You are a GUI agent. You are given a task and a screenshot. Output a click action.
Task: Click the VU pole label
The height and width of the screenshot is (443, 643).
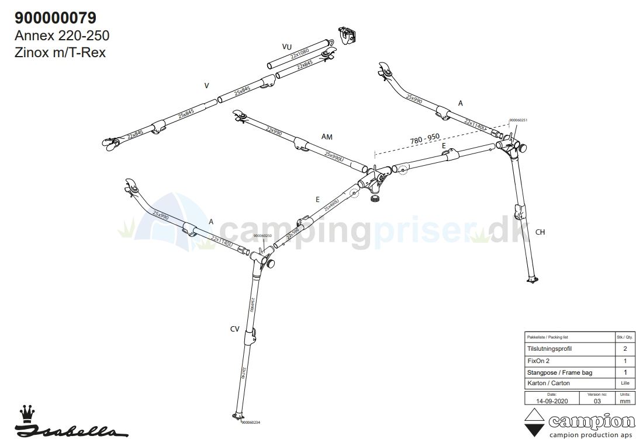(x=286, y=47)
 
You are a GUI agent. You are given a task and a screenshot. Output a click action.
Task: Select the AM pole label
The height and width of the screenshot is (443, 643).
(x=327, y=137)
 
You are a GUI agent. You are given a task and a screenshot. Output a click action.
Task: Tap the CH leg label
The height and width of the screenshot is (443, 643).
(x=540, y=232)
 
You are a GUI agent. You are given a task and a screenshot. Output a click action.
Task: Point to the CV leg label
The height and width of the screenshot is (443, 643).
(x=234, y=329)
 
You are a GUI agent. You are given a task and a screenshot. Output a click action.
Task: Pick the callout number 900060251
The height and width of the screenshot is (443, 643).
(x=518, y=120)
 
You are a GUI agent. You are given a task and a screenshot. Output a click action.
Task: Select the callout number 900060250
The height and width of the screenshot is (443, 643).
(x=262, y=236)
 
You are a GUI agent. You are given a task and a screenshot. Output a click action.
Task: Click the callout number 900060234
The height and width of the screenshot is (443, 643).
(x=250, y=423)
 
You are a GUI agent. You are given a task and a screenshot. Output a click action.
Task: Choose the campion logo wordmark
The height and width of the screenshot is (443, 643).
(x=590, y=421)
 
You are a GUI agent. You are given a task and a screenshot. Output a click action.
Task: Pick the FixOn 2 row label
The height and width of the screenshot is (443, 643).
(x=538, y=360)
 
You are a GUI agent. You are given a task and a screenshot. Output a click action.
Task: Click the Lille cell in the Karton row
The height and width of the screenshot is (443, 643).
(x=625, y=383)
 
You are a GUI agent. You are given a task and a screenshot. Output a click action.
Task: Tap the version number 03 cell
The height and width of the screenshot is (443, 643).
(x=597, y=401)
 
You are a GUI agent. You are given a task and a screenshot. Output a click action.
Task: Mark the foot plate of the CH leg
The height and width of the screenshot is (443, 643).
(x=532, y=281)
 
